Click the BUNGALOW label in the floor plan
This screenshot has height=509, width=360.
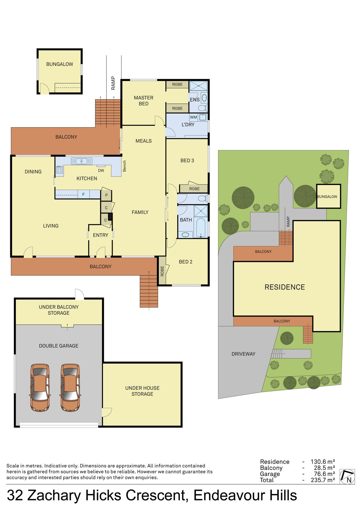tap(59, 64)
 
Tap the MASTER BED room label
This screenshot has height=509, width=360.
tap(144, 101)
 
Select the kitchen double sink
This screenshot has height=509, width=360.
tap(82, 161)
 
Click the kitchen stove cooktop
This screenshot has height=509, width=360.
tap(59, 170)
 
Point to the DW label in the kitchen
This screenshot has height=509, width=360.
tap(101, 170)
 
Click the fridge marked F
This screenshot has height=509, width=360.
tap(83, 194)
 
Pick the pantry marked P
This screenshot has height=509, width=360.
tap(106, 195)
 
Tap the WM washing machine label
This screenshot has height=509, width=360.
tap(193, 117)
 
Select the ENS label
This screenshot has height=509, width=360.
tap(195, 100)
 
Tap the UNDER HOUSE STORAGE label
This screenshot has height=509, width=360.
tap(142, 391)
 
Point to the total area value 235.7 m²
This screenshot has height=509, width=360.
tap(323, 480)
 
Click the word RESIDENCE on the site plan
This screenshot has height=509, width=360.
tap(285, 287)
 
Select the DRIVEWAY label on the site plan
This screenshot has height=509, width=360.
tap(243, 354)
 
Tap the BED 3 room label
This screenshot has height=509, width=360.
tap(187, 161)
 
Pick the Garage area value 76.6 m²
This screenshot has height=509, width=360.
tap(324, 474)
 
